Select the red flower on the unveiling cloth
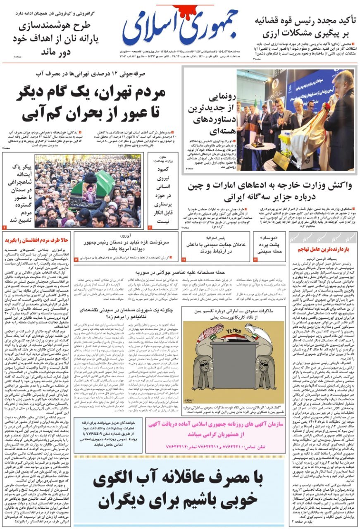coord(326,107)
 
